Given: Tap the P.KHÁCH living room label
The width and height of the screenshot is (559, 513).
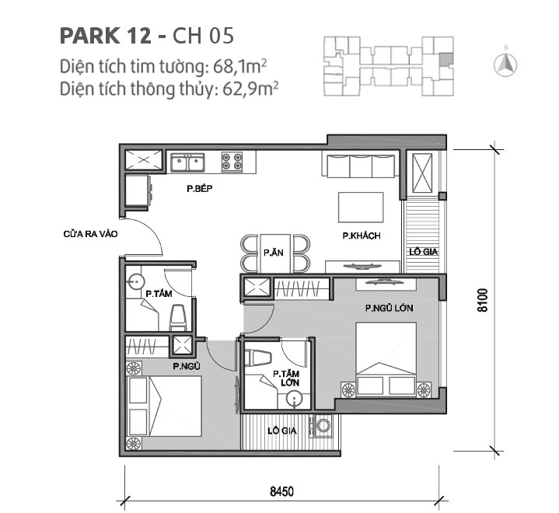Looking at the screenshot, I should tap(361, 236).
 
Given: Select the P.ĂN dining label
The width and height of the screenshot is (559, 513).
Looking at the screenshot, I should tap(272, 253).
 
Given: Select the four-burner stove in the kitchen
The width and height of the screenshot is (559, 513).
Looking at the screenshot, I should tap(231, 162).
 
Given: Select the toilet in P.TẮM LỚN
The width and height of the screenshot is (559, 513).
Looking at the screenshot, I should tap(257, 358).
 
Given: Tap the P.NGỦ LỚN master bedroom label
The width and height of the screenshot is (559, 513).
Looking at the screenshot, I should tap(389, 309).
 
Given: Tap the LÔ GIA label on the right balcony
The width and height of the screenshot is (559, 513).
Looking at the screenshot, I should tap(424, 250).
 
